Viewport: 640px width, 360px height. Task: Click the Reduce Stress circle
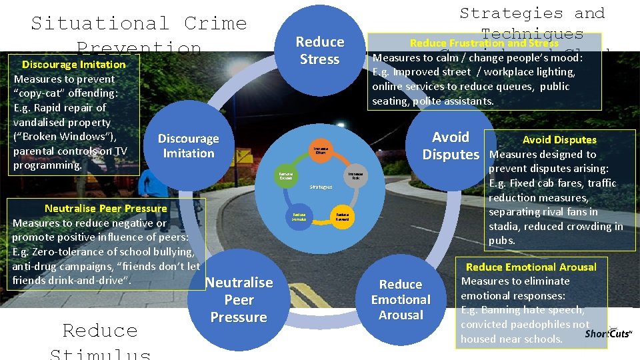[x=320, y=51]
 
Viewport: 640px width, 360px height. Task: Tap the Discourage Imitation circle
[x=188, y=146]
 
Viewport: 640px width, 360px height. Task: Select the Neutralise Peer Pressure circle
[x=239, y=300]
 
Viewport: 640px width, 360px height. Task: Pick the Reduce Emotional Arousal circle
[x=401, y=299]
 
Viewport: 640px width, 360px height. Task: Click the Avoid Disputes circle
[x=451, y=145]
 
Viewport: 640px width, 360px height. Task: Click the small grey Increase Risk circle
[x=355, y=176]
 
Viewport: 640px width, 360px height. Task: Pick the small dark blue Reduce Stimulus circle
[x=299, y=217]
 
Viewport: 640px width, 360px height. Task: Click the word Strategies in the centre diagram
[x=321, y=187]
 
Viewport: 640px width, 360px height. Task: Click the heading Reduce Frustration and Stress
[x=484, y=43]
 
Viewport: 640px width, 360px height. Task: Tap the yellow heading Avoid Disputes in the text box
[x=559, y=140]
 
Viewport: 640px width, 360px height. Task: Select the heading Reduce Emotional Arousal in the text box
[x=531, y=267]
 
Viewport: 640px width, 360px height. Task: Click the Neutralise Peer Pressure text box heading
[x=106, y=208]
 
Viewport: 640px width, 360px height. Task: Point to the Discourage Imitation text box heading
[x=73, y=65]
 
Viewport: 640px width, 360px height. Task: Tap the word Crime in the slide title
[x=215, y=23]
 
